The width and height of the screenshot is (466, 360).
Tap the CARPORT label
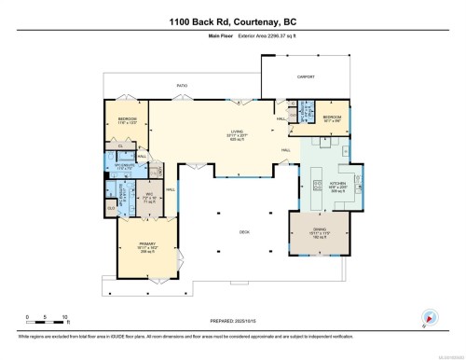(306, 77)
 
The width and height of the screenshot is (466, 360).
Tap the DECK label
(245, 232)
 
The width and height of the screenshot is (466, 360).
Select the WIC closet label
(147, 196)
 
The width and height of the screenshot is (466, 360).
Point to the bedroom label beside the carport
(332, 119)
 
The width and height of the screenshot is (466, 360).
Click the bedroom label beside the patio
(128, 120)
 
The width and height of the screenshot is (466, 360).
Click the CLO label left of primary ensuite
(111, 208)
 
